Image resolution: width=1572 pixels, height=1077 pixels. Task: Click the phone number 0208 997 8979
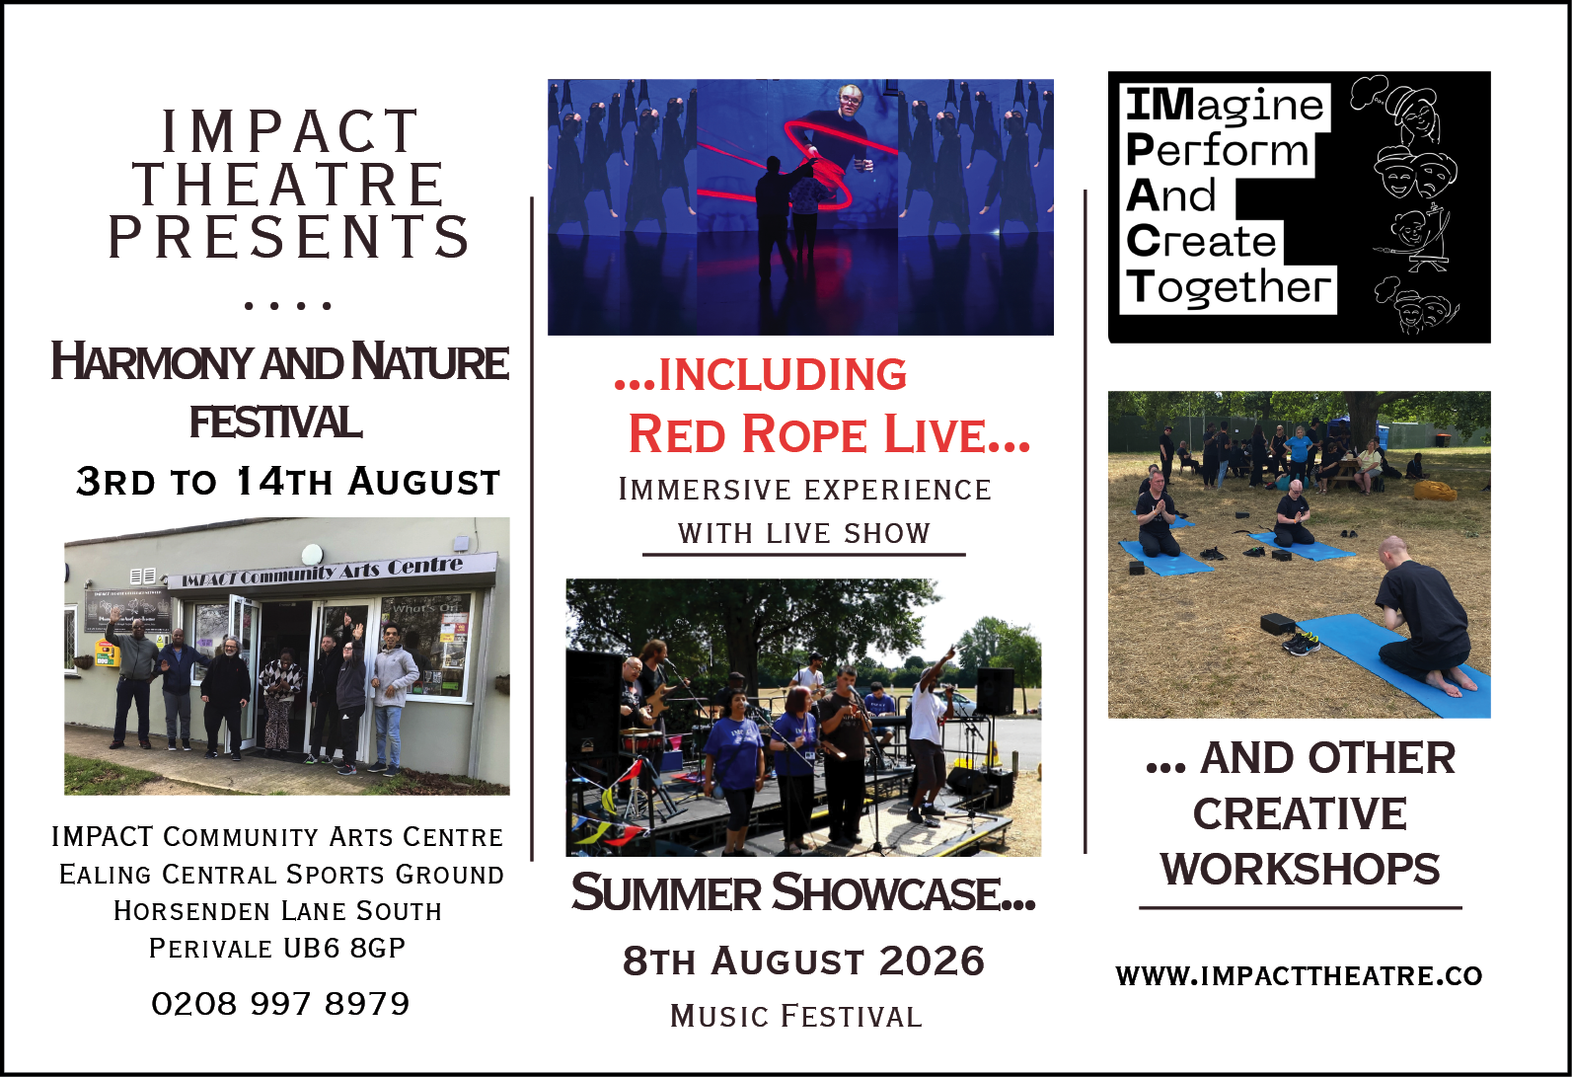(x=280, y=1003)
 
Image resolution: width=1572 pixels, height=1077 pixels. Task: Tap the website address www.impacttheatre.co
(x=1299, y=976)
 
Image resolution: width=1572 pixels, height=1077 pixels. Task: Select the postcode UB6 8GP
(x=344, y=948)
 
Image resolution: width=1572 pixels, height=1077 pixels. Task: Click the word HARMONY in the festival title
(x=151, y=362)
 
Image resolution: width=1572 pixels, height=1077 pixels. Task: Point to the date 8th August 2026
(x=803, y=961)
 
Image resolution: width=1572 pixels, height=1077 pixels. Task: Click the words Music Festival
(x=795, y=1016)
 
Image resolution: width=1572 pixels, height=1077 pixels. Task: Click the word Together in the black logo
(x=1229, y=288)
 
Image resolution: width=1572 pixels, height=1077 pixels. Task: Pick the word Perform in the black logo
(x=1218, y=149)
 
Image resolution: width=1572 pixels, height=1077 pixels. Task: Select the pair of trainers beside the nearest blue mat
(x=1301, y=642)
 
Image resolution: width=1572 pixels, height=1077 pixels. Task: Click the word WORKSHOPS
(x=1300, y=869)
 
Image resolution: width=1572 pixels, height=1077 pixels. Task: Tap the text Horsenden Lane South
(x=278, y=910)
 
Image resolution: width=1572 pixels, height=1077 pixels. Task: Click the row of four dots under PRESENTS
(x=287, y=305)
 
